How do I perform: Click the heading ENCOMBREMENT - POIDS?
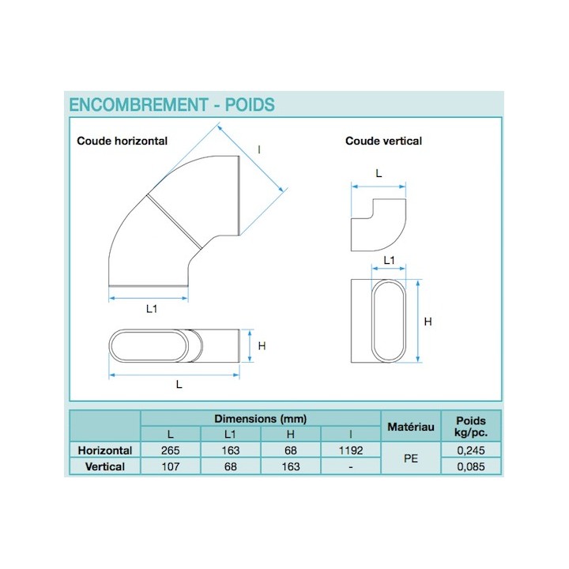point(171,104)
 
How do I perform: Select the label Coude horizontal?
point(122,141)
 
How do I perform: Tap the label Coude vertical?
point(383,141)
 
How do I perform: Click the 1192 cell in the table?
point(350,450)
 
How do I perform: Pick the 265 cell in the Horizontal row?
point(170,450)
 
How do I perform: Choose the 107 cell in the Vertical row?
point(170,466)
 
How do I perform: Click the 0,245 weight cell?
point(471,450)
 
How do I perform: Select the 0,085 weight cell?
point(471,466)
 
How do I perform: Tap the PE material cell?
point(410,458)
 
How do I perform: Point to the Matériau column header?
point(410,427)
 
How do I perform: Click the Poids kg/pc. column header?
point(471,427)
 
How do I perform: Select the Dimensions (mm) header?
point(260,419)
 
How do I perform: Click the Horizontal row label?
point(105,450)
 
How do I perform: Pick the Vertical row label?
point(105,466)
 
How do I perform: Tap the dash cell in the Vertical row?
point(350,466)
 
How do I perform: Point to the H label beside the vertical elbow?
point(428,322)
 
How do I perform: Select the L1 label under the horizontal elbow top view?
point(151,310)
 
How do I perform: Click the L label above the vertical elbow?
point(379,172)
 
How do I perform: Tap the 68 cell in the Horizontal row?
point(290,450)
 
